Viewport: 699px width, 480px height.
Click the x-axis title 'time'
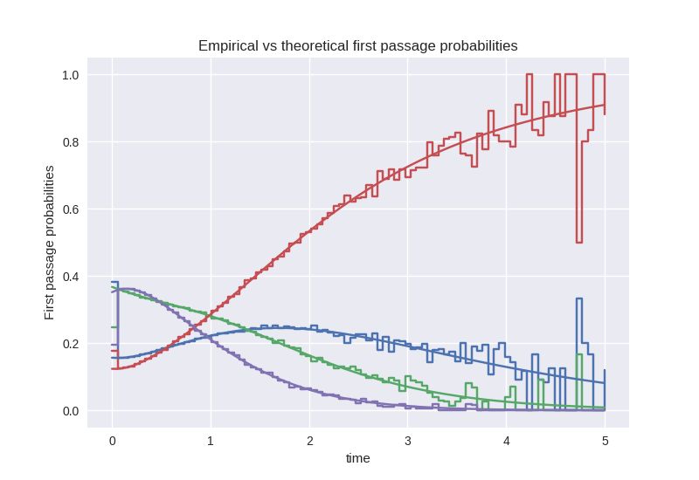(358, 458)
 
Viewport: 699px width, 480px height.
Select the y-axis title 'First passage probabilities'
(51, 243)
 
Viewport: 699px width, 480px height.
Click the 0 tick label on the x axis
(112, 440)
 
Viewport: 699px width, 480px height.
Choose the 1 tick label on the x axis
(211, 440)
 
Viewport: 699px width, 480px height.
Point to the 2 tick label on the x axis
(309, 440)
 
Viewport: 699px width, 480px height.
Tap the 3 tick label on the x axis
(408, 440)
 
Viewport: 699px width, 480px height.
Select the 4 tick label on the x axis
(507, 440)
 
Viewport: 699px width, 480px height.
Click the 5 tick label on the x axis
(606, 440)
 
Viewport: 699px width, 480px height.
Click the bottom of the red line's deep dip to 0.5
(578, 242)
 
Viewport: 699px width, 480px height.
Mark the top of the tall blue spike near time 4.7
(578, 298)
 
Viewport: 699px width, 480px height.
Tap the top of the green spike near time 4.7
(578, 354)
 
